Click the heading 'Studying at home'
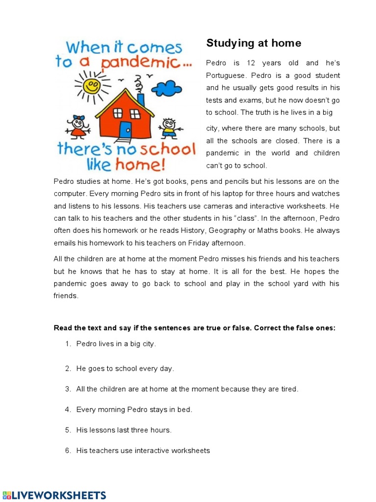coord(254,43)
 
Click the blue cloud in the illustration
coord(166,89)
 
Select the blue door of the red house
coord(126,130)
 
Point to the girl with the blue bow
coord(78,126)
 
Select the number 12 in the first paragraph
coord(251,63)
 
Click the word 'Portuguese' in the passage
coord(227,75)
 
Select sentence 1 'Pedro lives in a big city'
coord(116,344)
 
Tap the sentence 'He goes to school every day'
coord(125,368)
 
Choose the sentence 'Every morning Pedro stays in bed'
coord(134,409)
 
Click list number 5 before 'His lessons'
coord(68,430)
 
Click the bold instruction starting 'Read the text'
coord(194,328)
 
